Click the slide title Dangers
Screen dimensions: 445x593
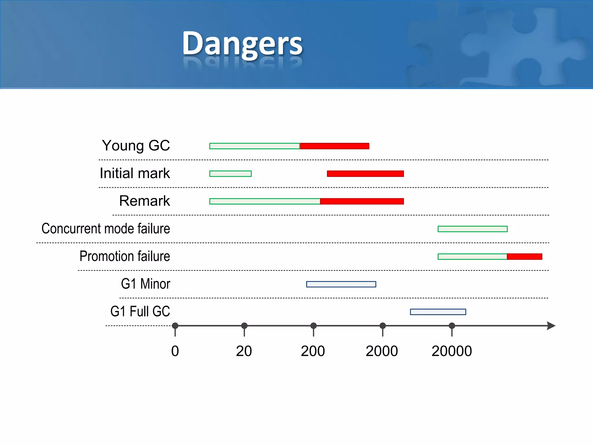[x=242, y=43]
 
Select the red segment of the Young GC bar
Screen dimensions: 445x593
[x=334, y=146]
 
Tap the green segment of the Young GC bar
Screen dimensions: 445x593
[x=255, y=146]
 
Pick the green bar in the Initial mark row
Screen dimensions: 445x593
[x=230, y=174]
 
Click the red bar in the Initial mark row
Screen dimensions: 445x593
[x=365, y=174]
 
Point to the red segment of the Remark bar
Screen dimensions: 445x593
[x=362, y=201]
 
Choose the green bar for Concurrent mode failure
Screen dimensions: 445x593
[x=473, y=229]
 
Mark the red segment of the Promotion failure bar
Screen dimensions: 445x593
[x=524, y=257]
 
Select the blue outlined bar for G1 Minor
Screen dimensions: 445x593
[x=341, y=284]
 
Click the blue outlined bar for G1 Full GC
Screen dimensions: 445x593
[x=438, y=312]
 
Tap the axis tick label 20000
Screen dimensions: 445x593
[x=452, y=351]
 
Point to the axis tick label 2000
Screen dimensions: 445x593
[x=382, y=351]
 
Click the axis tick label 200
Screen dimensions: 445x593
[x=313, y=351]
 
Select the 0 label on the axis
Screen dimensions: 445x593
[x=175, y=351]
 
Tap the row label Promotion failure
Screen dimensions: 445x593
[x=125, y=256]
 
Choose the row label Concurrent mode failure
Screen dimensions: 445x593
[x=106, y=229]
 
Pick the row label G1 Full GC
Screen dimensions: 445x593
[x=140, y=311]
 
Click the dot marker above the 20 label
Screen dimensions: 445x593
[x=244, y=326]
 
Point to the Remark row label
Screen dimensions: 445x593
[x=144, y=201]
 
